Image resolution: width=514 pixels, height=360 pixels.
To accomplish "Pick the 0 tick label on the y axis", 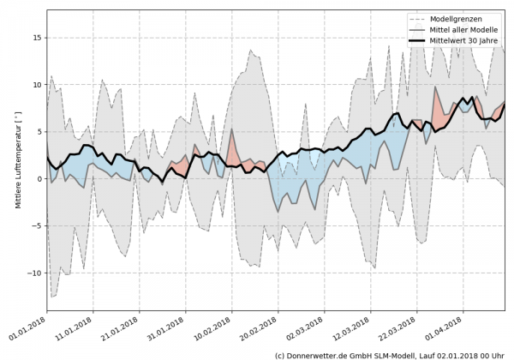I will pyautogui.click(x=39, y=179).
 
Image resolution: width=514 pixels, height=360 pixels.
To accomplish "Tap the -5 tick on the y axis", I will pyautogui.click(x=37, y=226).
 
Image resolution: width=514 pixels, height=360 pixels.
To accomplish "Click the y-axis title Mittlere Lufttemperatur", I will pyautogui.click(x=17, y=164).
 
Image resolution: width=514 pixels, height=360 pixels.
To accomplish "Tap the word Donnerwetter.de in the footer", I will pyautogui.click(x=326, y=354).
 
